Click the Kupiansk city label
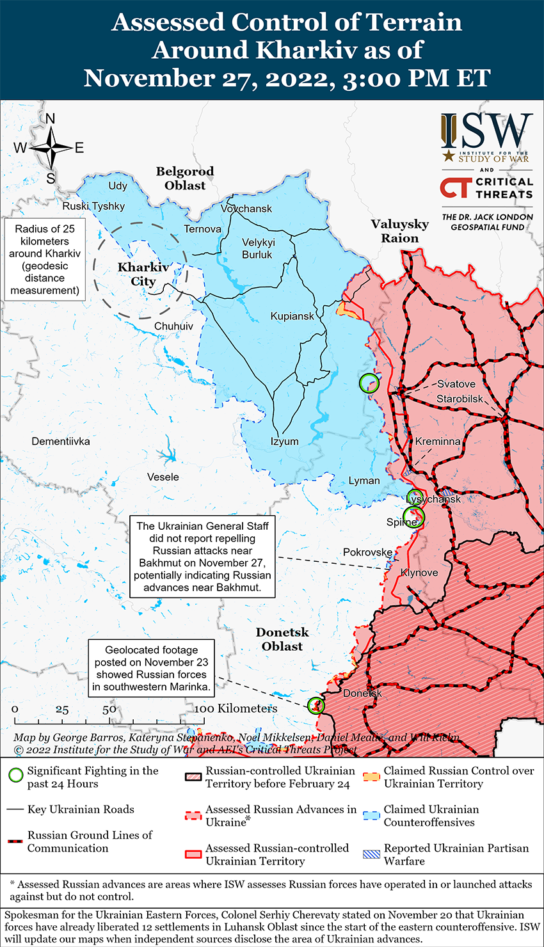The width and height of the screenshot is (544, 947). tap(292, 316)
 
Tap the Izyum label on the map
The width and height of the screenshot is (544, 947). tap(284, 442)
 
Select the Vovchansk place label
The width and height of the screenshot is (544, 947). tap(246, 209)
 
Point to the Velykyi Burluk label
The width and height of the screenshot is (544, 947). tap(257, 248)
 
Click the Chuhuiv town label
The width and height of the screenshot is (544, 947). tap(173, 326)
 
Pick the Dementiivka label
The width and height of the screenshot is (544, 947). tap(61, 442)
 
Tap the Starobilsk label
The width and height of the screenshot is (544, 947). tap(460, 399)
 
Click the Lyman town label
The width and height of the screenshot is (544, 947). tap(364, 481)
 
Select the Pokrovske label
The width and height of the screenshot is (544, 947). tap(367, 552)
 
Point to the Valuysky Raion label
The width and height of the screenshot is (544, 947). tap(400, 231)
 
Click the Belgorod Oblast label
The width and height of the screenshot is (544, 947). tap(185, 179)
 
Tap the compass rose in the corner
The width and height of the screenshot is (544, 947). tap(51, 148)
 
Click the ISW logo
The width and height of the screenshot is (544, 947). tap(486, 138)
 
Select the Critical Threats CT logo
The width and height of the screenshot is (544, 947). tap(456, 187)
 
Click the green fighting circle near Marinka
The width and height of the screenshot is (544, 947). tap(316, 705)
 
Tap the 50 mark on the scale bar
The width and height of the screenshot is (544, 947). tap(109, 709)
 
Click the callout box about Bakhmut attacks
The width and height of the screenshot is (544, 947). tap(202, 557)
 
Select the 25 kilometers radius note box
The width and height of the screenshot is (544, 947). tap(45, 260)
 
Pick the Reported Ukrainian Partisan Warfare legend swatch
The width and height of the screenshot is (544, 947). tap(372, 854)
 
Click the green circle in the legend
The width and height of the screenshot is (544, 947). tap(17, 776)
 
